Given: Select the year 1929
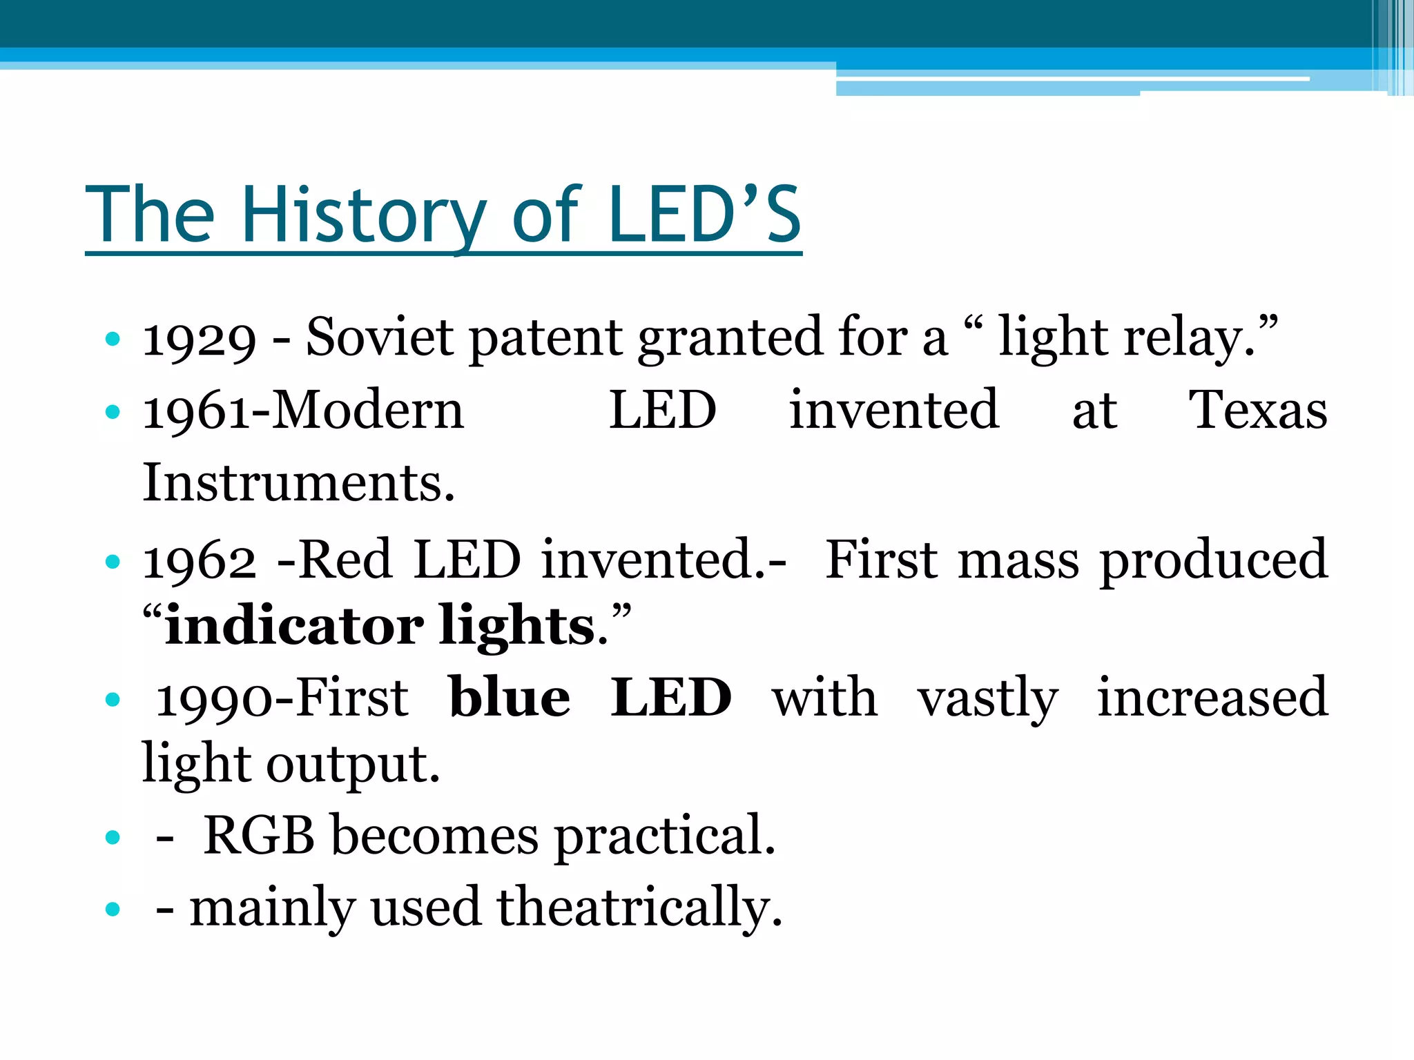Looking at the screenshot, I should coord(199,340).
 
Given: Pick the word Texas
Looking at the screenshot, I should coord(1257,410).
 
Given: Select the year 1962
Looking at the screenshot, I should coord(199,560).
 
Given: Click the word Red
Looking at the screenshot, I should coord(345,558).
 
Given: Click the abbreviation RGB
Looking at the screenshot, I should coord(259,835).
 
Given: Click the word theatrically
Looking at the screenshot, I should coord(639,907).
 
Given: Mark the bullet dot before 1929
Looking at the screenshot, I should coord(113,340).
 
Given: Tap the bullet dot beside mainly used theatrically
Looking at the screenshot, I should coord(113,909).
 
